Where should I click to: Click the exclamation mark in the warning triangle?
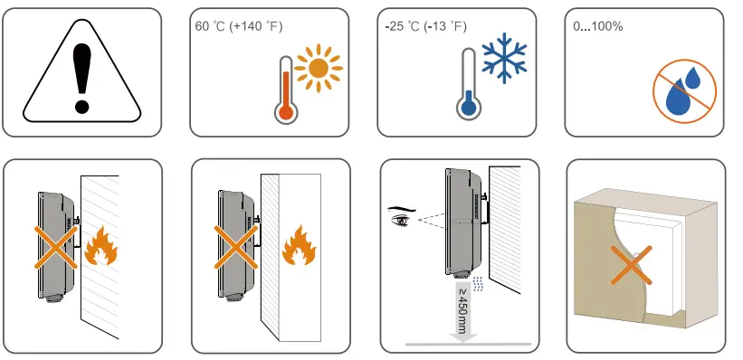click(x=82, y=80)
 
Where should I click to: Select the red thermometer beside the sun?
click(x=286, y=90)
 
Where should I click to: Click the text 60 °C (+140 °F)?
click(x=239, y=26)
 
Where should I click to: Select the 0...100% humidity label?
click(x=598, y=26)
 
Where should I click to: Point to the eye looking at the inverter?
click(x=399, y=217)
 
